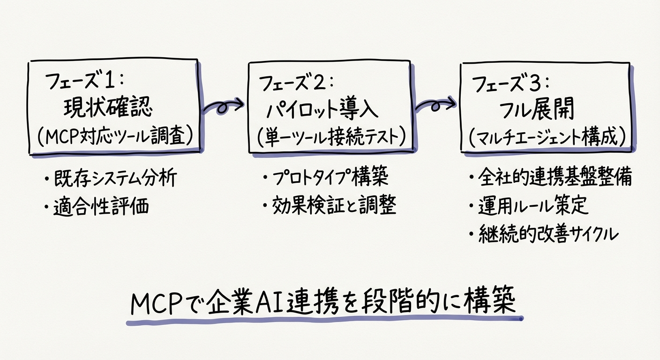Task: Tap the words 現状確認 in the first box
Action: pos(107,109)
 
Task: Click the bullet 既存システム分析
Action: pos(114,179)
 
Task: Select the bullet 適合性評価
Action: pos(100,206)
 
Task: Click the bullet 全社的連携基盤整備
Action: pos(553,179)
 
